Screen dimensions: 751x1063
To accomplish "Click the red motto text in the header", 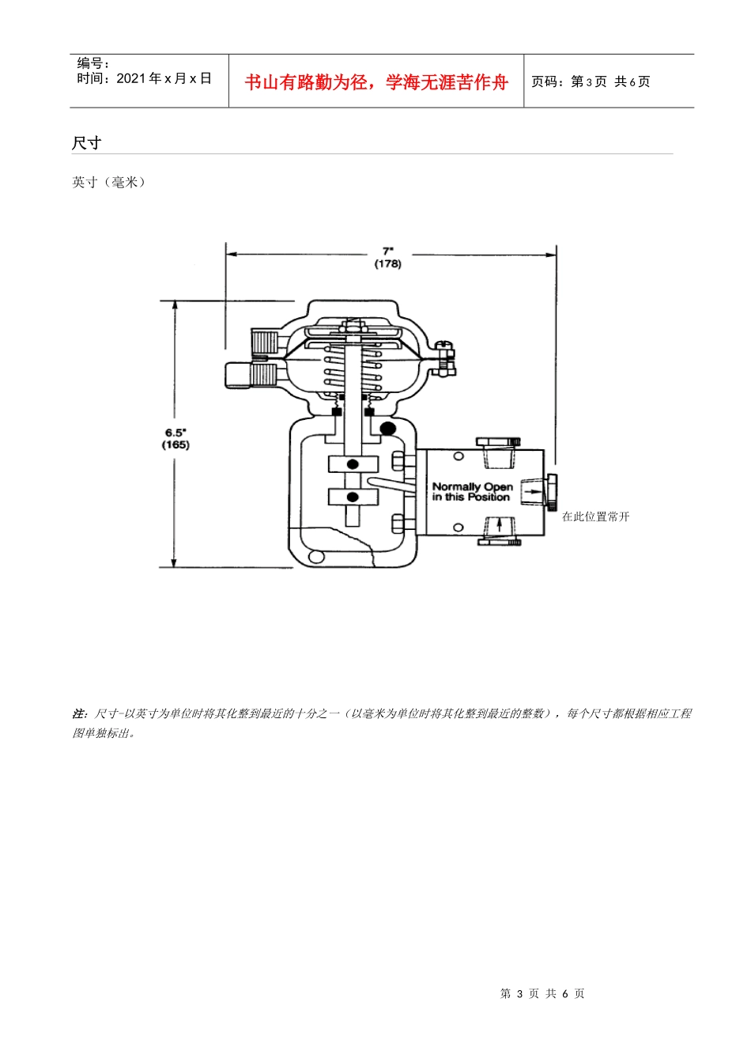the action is click(376, 82).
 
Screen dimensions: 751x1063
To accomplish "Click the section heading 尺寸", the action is click(86, 142).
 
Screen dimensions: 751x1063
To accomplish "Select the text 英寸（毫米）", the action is click(108, 182).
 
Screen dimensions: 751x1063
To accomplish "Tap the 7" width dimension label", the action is click(388, 252).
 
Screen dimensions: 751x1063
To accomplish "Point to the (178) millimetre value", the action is click(388, 264).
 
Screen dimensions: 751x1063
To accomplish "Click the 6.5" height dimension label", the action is click(175, 433).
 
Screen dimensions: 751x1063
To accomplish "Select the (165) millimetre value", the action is click(175, 444).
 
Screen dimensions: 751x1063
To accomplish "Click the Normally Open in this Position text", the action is click(473, 492).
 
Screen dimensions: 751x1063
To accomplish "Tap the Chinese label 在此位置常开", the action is click(595, 516).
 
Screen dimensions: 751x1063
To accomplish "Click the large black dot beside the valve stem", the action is click(388, 429).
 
